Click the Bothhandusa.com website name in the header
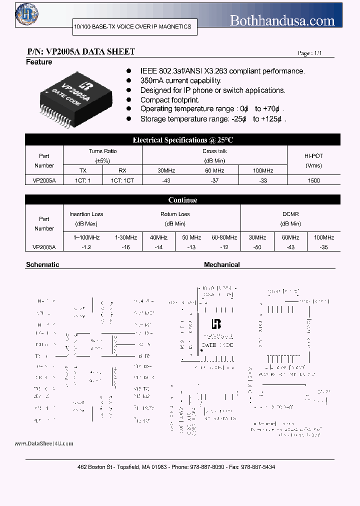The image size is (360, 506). tap(282, 20)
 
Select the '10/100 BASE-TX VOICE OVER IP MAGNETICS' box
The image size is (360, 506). tap(132, 26)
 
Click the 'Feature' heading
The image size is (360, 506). tap(39, 62)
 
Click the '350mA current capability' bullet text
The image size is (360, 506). tap(180, 80)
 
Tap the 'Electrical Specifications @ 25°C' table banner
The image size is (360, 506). tap(182, 140)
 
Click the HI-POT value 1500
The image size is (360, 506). tap(314, 180)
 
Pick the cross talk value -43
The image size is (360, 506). tap(166, 180)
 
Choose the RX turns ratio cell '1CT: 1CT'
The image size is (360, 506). tap(122, 180)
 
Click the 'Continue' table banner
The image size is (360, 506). tap(182, 200)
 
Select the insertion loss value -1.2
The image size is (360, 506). tap(83, 247)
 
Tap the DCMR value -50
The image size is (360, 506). tap(257, 247)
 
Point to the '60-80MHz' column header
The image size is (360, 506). tap(224, 237)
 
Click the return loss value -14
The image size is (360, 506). tap(159, 247)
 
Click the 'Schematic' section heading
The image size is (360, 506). tap(42, 264)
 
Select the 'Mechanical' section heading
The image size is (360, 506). tap(221, 264)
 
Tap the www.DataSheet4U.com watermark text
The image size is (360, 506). tap(44, 443)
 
